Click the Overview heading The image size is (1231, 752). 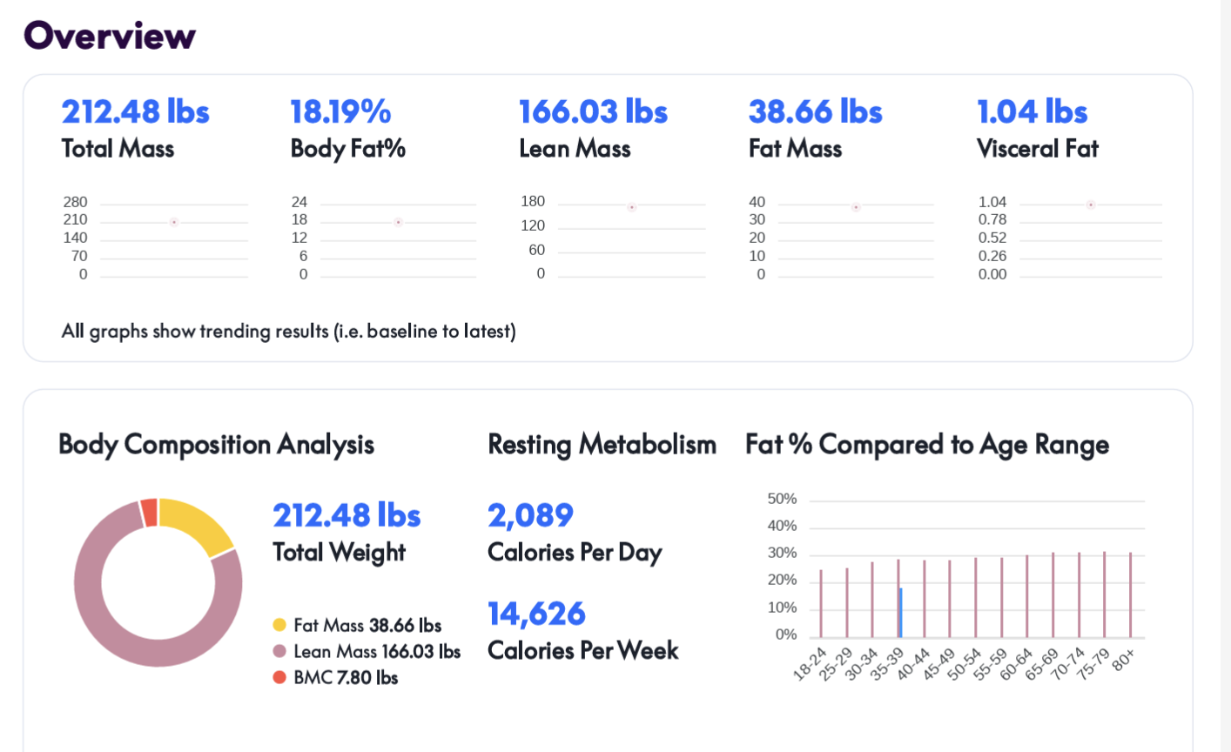tap(110, 36)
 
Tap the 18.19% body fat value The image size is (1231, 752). tap(340, 111)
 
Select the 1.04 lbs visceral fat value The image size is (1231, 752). tap(1032, 111)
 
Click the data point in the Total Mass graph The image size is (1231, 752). tap(174, 223)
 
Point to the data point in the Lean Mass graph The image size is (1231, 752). tap(632, 207)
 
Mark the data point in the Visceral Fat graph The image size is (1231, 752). tap(1091, 205)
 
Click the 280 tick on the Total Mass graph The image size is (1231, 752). tap(75, 202)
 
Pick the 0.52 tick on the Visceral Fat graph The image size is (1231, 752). tap(992, 238)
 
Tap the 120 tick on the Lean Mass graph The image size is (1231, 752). tap(533, 225)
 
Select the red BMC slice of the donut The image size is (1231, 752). tap(149, 513)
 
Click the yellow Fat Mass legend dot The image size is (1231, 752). tap(279, 625)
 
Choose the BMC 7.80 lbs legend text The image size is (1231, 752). tap(346, 678)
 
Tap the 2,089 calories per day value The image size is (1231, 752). tap(530, 515)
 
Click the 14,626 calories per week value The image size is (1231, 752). tap(536, 614)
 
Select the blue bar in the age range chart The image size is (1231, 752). tap(901, 613)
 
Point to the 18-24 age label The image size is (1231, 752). tap(810, 663)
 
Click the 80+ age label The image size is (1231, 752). tap(1123, 660)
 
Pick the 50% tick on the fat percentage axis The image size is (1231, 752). tap(782, 499)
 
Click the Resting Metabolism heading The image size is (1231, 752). tap(602, 445)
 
